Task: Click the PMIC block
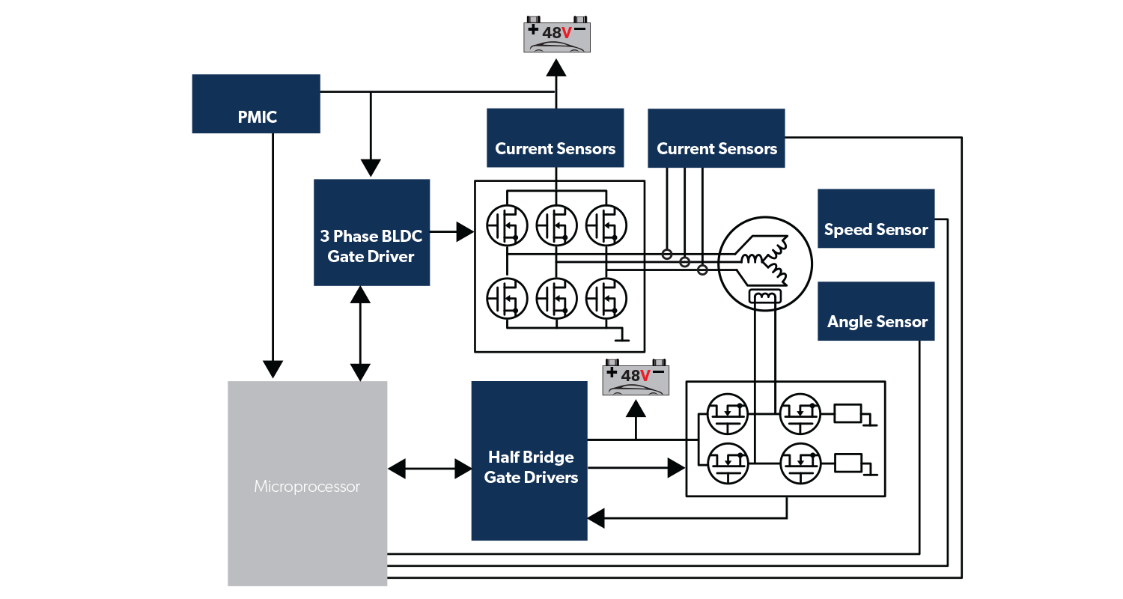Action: (x=256, y=104)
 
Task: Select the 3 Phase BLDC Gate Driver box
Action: (x=371, y=232)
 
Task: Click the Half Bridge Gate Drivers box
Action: (x=529, y=460)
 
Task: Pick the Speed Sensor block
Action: (x=876, y=218)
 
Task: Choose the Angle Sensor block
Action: (x=876, y=311)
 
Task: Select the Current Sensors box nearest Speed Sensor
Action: (x=716, y=138)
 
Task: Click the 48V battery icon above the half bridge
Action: (x=636, y=378)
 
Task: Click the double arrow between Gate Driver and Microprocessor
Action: (x=361, y=333)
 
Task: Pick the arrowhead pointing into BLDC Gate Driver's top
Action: (x=371, y=168)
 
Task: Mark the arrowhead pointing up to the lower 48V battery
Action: (x=636, y=408)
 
